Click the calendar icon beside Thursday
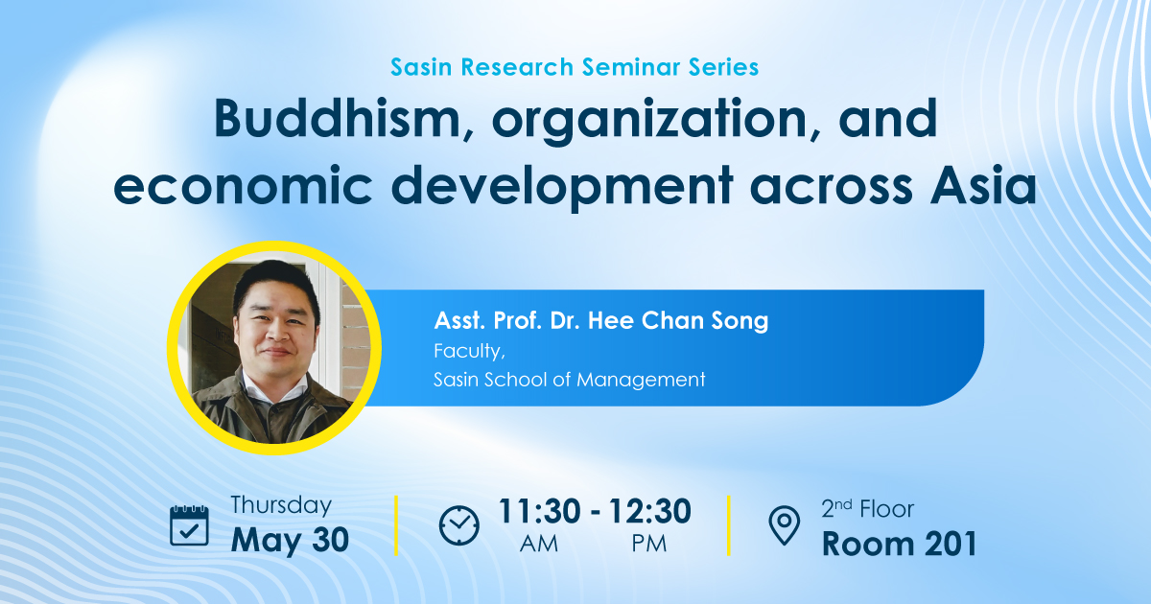(x=189, y=525)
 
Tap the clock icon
(x=458, y=525)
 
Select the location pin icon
(x=785, y=525)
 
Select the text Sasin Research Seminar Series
(x=575, y=67)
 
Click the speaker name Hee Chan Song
(x=678, y=320)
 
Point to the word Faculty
(x=469, y=351)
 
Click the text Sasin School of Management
(x=570, y=380)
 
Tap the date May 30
(x=290, y=542)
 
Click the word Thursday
(x=280, y=505)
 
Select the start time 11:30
(x=539, y=511)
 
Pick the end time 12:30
(x=650, y=511)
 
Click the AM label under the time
(x=538, y=544)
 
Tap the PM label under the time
(x=649, y=544)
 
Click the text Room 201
(x=900, y=544)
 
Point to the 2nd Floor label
(x=867, y=509)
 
